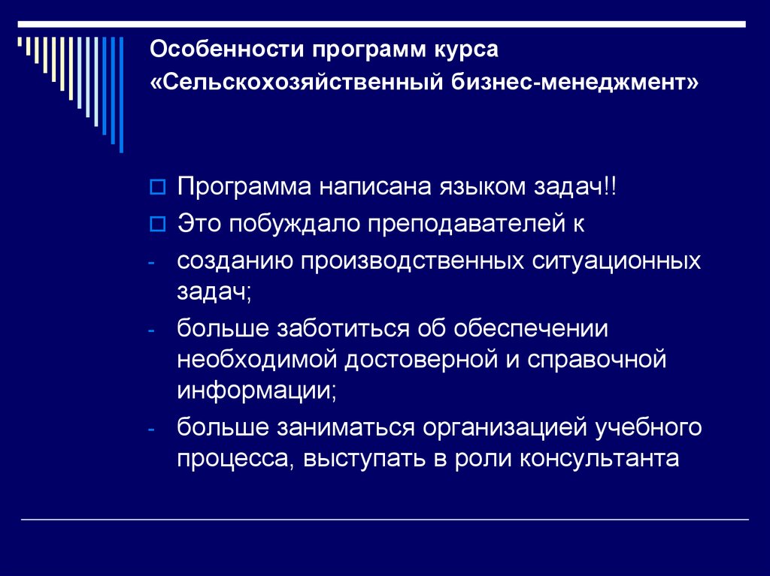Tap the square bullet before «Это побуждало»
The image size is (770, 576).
coord(157,223)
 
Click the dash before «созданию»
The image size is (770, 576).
coord(152,263)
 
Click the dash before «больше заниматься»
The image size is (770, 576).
coord(152,429)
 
